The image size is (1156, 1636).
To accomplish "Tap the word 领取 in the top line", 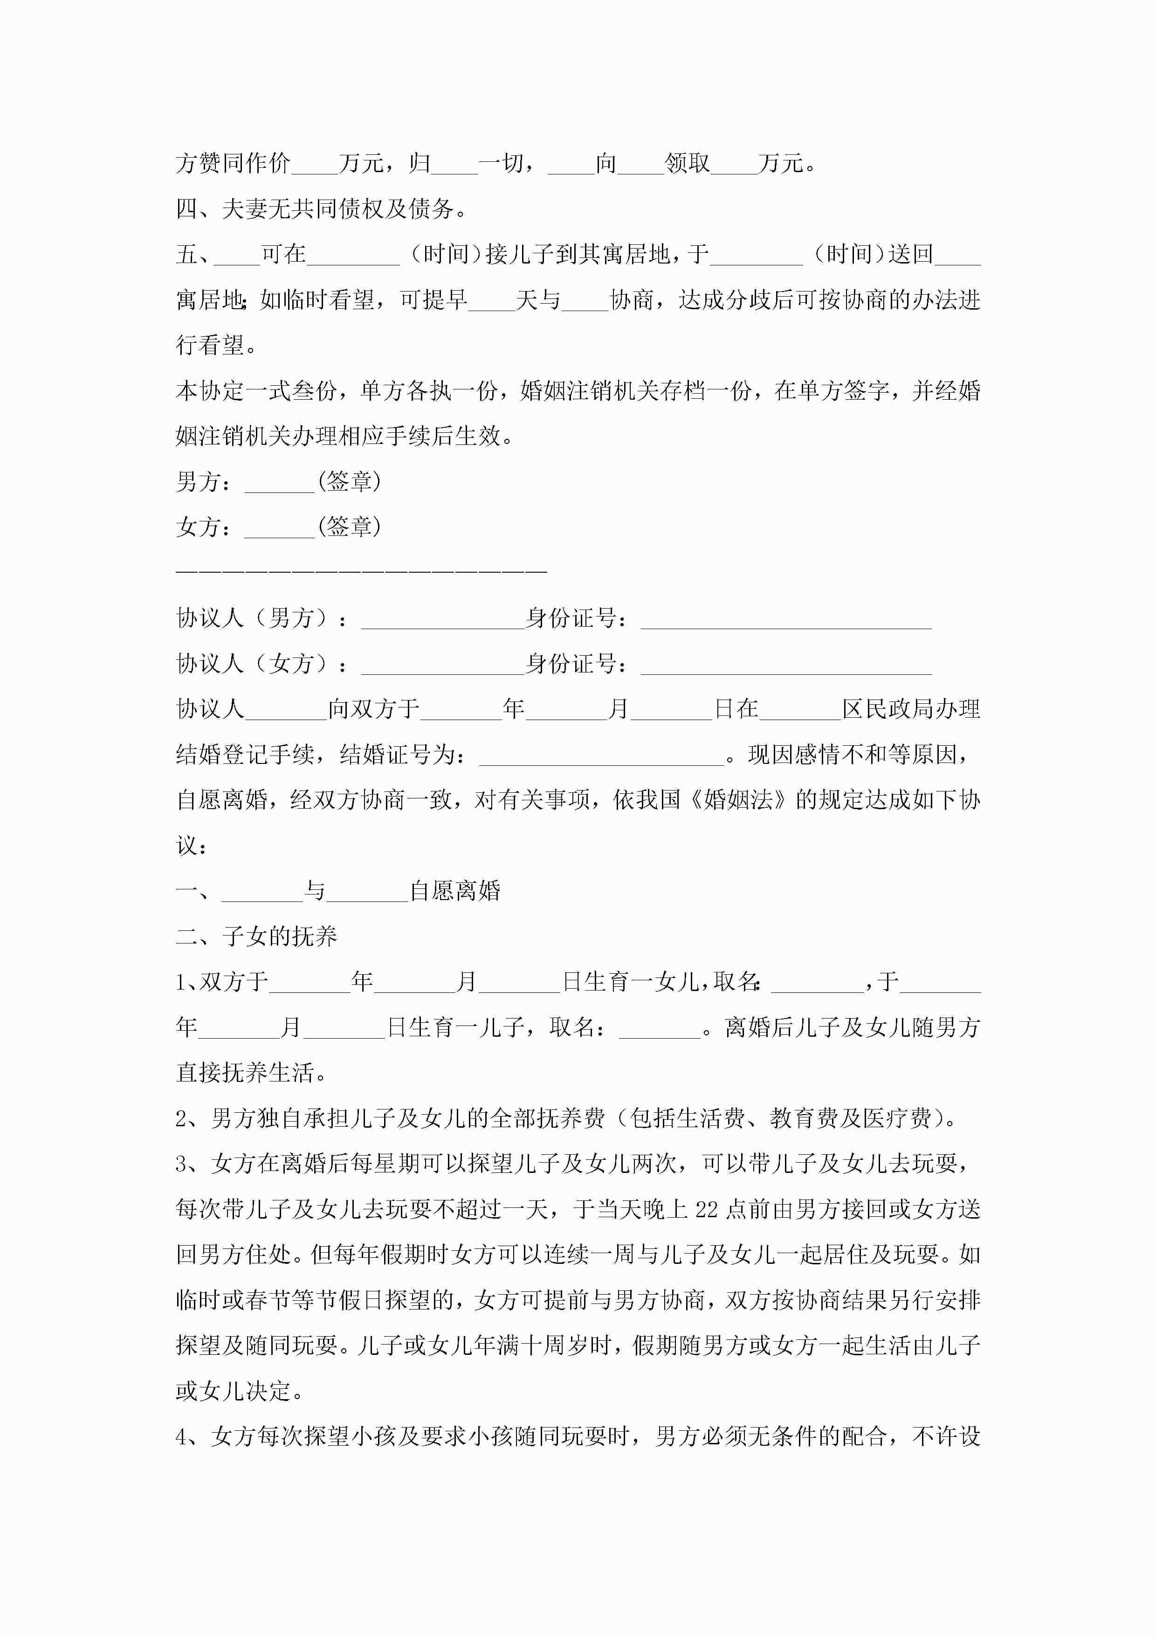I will click(688, 163).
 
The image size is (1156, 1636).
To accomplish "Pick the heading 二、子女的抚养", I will click(256, 936).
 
